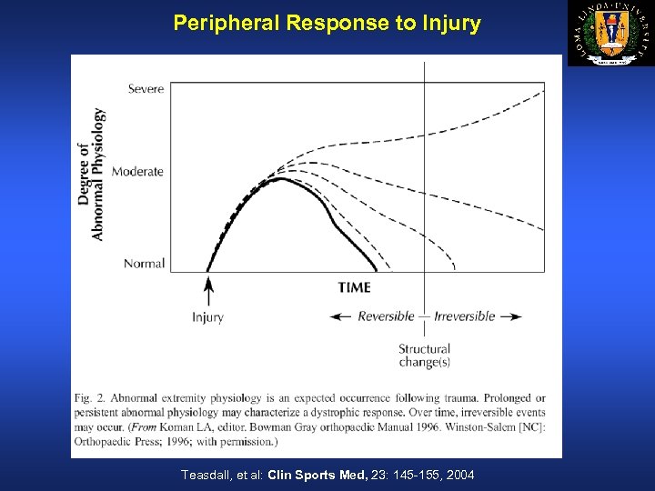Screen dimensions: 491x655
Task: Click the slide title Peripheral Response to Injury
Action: pyautogui.click(x=327, y=24)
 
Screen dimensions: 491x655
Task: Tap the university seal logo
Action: pyautogui.click(x=611, y=34)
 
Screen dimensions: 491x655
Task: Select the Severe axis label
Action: pyautogui.click(x=146, y=88)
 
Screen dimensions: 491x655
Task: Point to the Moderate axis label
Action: pyautogui.click(x=137, y=171)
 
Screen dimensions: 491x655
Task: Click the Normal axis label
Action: pyautogui.click(x=144, y=264)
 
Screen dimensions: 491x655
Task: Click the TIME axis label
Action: pyautogui.click(x=354, y=287)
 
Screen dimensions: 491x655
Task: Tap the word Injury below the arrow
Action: pyautogui.click(x=207, y=317)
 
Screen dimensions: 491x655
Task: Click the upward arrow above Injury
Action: pyautogui.click(x=208, y=291)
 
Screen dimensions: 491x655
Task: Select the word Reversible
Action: pyautogui.click(x=386, y=316)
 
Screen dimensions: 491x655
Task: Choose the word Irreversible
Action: pyautogui.click(x=465, y=316)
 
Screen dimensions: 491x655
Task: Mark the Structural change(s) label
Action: pyautogui.click(x=424, y=356)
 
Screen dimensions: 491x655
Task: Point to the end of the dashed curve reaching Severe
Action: pyautogui.click(x=543, y=89)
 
